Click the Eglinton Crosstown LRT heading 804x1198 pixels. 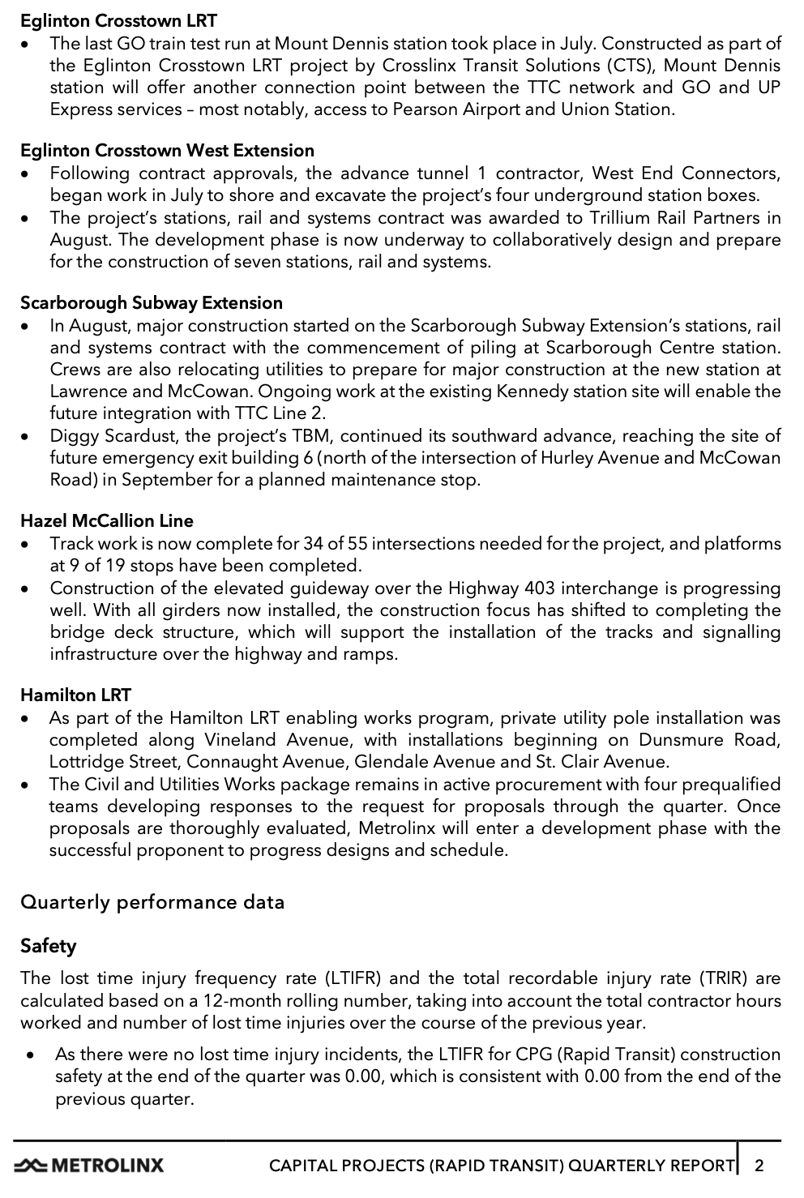point(118,20)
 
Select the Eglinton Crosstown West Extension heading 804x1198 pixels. point(167,151)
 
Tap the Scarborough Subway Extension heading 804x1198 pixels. point(152,303)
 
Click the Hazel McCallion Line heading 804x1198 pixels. point(107,521)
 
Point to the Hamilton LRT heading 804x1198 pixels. point(75,695)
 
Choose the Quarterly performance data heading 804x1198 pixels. point(152,902)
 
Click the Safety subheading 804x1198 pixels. point(49,946)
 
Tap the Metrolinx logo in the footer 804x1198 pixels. point(89,1166)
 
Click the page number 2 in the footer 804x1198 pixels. point(759,1166)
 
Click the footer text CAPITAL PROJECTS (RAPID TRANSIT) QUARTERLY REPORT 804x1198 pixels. point(501,1166)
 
